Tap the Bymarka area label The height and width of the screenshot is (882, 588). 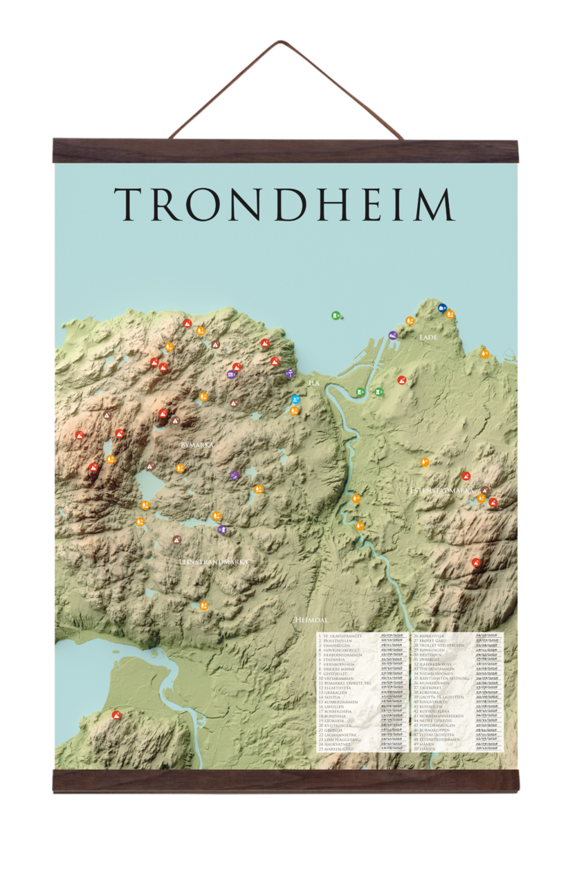(197, 445)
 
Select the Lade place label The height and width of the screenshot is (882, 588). (428, 337)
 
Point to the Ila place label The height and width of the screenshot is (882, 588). (314, 382)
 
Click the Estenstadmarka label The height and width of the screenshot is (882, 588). (441, 490)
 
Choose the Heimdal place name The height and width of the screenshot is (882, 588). (309, 620)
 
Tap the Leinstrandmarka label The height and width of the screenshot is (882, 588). (213, 562)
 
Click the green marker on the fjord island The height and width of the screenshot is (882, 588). (336, 315)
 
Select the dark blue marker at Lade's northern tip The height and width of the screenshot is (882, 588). (442, 308)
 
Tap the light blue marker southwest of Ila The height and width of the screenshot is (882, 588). (296, 400)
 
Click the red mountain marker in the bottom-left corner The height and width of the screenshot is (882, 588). (116, 715)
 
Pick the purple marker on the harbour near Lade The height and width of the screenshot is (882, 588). (393, 336)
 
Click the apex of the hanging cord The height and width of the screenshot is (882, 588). (279, 42)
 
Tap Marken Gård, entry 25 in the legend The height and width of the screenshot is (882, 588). (339, 748)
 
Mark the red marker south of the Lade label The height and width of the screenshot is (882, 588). (402, 380)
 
